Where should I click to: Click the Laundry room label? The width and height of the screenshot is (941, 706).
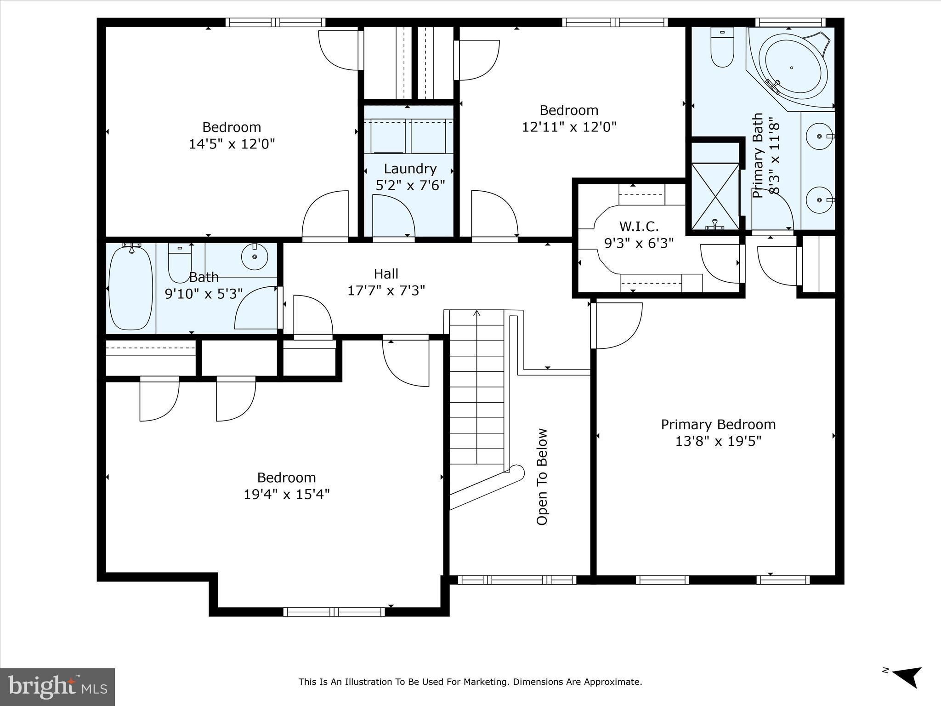410,169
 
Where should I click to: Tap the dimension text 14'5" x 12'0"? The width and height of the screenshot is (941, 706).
232,144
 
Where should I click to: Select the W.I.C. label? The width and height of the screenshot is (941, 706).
639,226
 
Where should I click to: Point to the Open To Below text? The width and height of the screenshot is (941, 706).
542,477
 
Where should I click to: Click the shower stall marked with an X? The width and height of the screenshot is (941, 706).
715,196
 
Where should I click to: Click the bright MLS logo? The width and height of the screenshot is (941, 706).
57,687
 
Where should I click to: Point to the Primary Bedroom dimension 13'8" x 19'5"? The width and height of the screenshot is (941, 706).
718,441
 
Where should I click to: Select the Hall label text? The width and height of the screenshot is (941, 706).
385,274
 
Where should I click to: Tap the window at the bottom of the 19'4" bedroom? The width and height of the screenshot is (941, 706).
334,612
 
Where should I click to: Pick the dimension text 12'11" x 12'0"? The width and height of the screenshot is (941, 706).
569,127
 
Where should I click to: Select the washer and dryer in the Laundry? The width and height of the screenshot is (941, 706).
408,136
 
